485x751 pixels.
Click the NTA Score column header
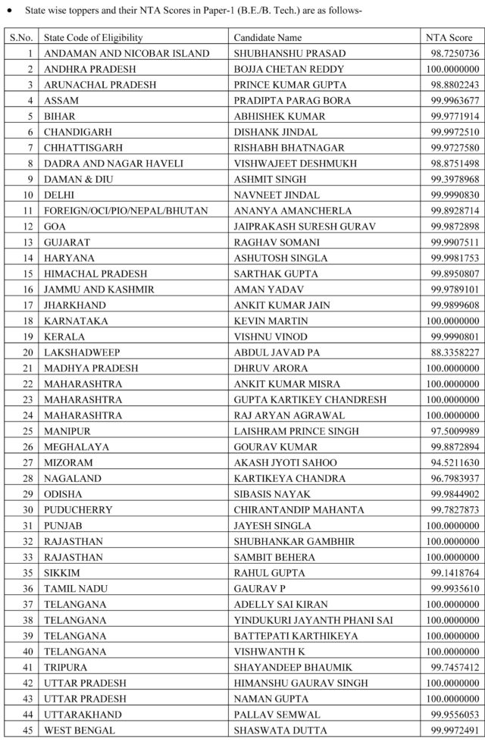click(x=449, y=37)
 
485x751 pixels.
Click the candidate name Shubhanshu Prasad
click(x=280, y=54)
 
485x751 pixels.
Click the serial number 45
click(x=28, y=730)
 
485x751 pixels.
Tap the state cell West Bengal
click(x=80, y=730)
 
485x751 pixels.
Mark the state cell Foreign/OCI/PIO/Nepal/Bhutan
click(x=126, y=211)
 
